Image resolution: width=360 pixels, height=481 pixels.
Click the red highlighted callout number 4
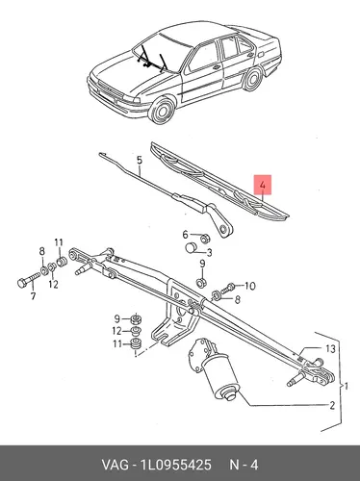263,185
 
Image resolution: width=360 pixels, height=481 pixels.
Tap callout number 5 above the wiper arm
139,160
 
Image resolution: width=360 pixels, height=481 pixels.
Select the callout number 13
330,348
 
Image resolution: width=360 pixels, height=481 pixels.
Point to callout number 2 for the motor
332,405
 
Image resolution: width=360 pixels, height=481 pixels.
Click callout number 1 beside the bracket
346,386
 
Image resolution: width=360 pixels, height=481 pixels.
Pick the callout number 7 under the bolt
33,296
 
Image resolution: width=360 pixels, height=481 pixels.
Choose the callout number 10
249,286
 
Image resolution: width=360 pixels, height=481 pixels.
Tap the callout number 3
209,253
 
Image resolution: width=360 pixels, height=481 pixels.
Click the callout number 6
186,235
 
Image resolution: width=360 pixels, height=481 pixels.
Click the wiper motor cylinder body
220,372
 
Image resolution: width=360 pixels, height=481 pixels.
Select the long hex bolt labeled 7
28,279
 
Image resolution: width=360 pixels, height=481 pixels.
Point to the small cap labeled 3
192,247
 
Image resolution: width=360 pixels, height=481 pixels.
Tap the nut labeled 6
204,239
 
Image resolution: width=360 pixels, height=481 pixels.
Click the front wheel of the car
163,109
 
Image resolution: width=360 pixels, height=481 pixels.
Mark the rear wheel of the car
252,78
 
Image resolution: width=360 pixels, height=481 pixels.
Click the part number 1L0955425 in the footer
175,465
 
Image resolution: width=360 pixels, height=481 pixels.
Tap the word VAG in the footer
116,465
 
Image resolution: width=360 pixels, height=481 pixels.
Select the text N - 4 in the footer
244,465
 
